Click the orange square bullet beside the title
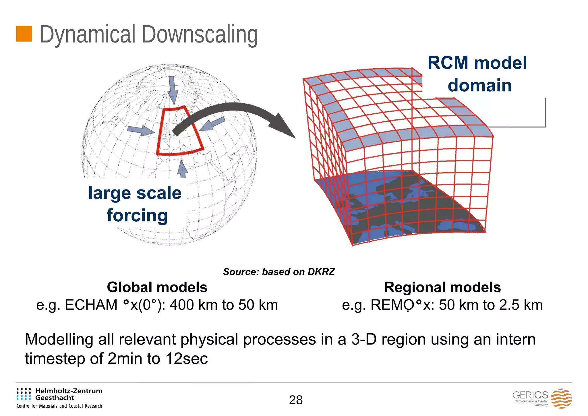pos(24,34)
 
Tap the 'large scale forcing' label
pos(135,204)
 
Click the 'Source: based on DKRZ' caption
pos(279,272)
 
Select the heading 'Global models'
pos(157,287)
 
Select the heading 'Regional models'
pos(442,287)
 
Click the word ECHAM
pos(91,305)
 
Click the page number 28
pos(296,400)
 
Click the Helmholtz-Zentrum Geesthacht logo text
pos(68,394)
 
